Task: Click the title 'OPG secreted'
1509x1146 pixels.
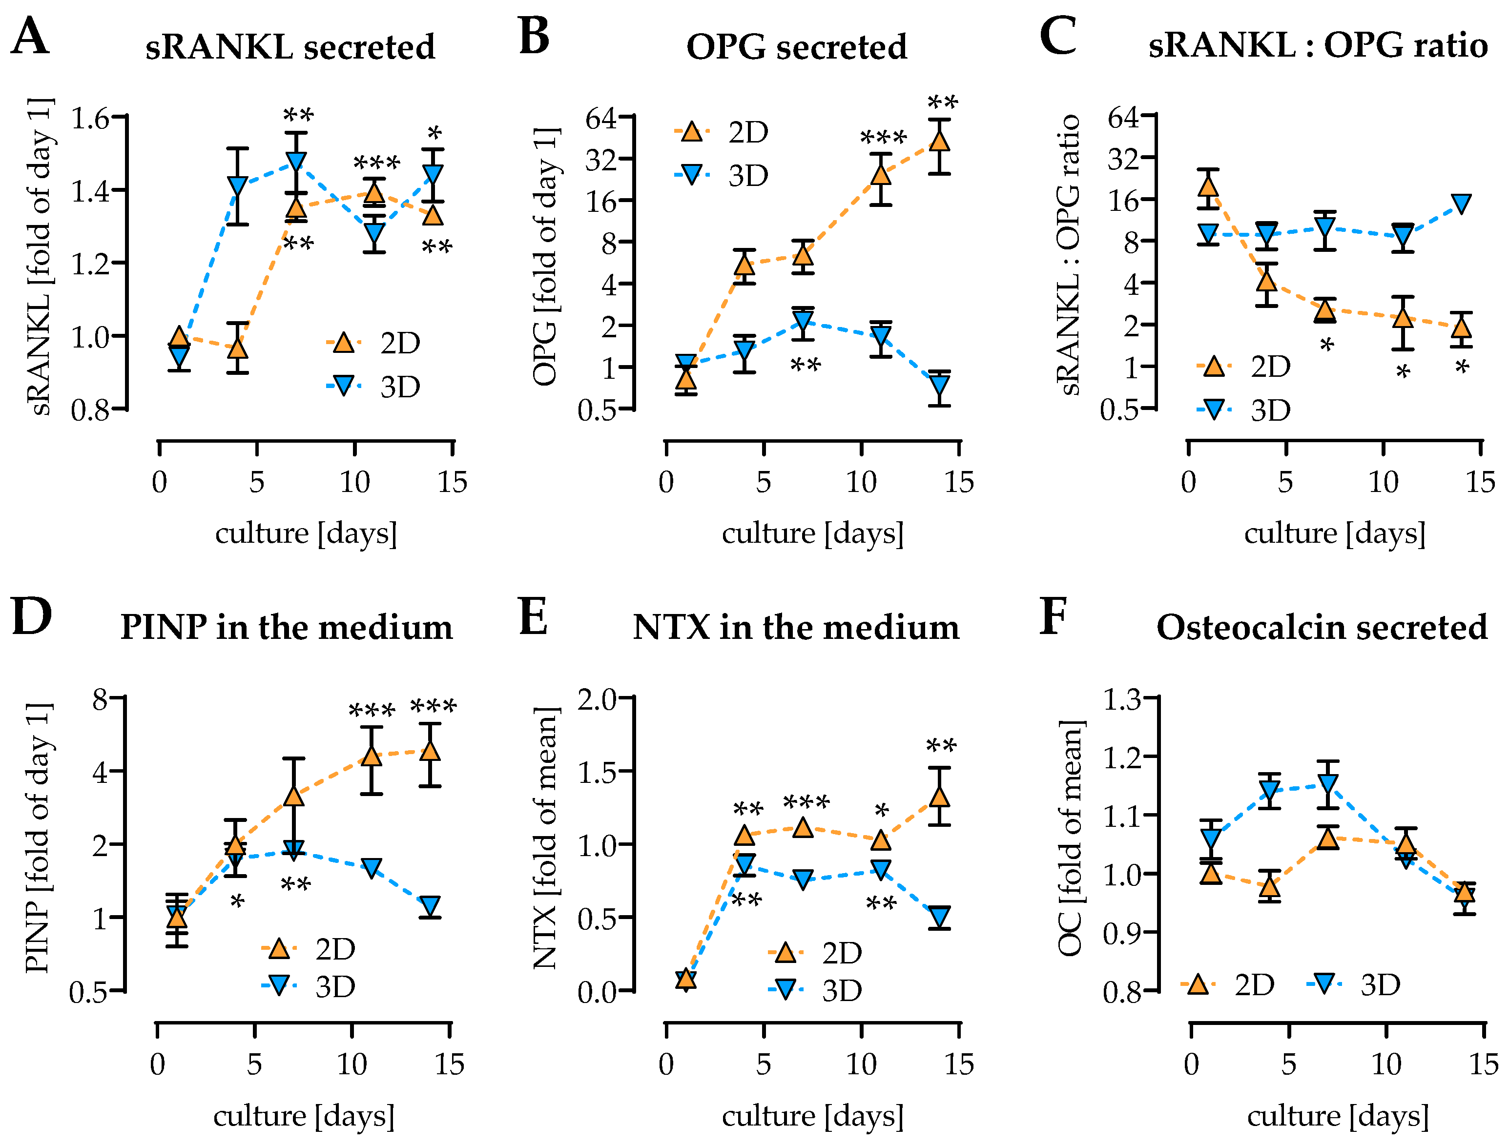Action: (796, 47)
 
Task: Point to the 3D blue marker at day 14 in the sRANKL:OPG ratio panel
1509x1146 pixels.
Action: (1461, 203)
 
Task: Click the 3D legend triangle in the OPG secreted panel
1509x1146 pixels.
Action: (692, 175)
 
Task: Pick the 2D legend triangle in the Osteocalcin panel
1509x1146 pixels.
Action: (1198, 984)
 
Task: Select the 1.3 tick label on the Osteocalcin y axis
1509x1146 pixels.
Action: (1122, 699)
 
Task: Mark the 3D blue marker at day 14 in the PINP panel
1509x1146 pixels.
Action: (430, 905)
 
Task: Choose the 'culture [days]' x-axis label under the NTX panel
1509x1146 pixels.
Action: (812, 1116)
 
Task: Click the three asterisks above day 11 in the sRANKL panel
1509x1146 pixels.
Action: (376, 164)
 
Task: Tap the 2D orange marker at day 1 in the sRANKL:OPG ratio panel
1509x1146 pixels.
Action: (1208, 185)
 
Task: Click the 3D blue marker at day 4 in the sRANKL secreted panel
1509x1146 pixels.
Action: (237, 185)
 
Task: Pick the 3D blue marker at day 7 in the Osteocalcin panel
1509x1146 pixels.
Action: (1327, 784)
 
